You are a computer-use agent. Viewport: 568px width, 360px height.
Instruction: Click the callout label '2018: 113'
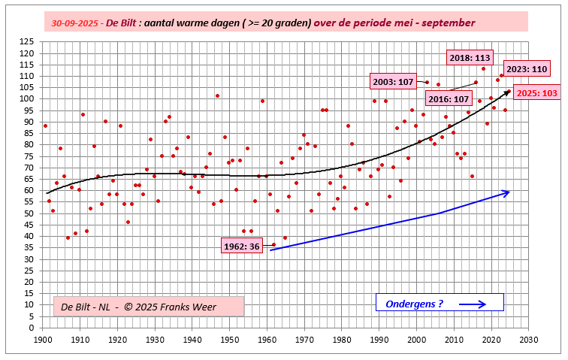[469, 57]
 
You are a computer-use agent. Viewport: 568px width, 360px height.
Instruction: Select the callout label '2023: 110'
[527, 69]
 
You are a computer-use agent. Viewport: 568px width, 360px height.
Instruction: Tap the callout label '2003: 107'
[392, 82]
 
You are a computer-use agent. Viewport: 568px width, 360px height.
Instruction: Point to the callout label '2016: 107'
[449, 98]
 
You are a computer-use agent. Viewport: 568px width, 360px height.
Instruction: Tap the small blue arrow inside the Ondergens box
[472, 304]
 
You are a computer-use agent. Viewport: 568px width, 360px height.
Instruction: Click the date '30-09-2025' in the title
[76, 23]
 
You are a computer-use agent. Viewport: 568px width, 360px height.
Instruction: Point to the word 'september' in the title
[448, 23]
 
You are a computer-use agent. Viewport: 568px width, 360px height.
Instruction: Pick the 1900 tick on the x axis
[43, 340]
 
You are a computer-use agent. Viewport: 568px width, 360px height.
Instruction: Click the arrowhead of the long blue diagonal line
[508, 192]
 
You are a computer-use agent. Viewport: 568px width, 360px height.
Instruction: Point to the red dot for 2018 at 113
[483, 69]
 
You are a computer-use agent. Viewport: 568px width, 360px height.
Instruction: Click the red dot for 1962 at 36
[273, 244]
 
